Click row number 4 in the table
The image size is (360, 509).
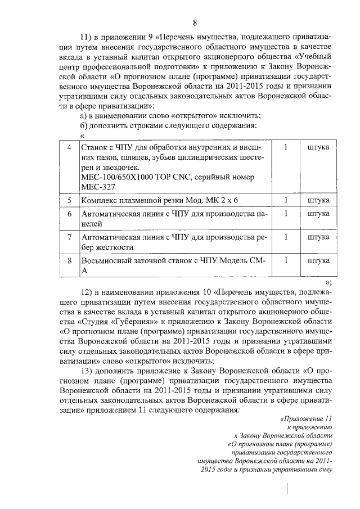(x=69, y=147)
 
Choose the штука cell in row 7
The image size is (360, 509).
(x=318, y=237)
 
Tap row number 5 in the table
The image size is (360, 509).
(x=69, y=200)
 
